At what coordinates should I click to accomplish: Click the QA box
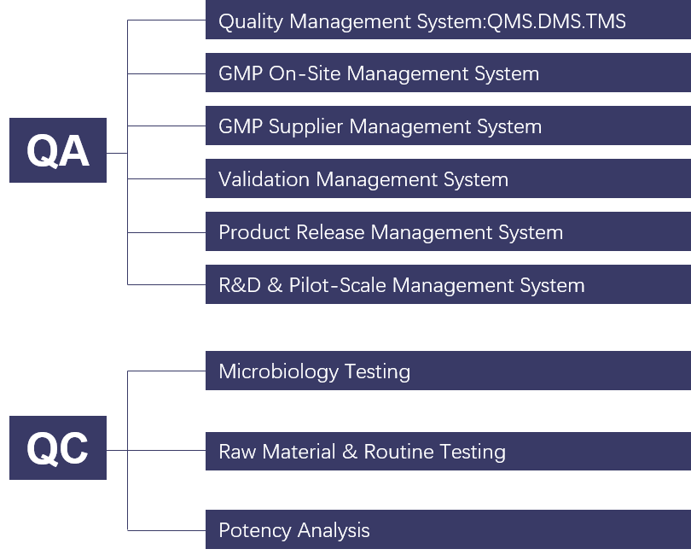point(58,150)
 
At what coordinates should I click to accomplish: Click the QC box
point(58,447)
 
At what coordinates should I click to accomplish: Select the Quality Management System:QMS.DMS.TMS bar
point(448,20)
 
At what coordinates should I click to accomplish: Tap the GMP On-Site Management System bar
point(448,73)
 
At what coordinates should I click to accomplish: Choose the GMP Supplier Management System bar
point(448,126)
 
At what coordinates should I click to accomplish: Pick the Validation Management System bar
point(448,178)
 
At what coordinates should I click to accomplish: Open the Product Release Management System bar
point(448,231)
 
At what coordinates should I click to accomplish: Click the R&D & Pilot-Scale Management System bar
point(448,284)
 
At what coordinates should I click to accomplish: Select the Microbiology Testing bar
point(448,371)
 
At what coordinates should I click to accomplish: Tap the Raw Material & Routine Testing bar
point(448,452)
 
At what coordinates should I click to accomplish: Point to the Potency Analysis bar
point(448,529)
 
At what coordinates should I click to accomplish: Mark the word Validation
point(264,179)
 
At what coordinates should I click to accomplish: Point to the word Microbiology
point(278,372)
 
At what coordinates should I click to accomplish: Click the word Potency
point(255,531)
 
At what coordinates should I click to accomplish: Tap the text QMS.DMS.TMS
point(556,21)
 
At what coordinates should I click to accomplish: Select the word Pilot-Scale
point(337,285)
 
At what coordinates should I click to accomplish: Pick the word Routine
point(399,452)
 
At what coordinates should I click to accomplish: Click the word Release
point(330,232)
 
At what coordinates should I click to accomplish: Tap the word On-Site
point(305,73)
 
